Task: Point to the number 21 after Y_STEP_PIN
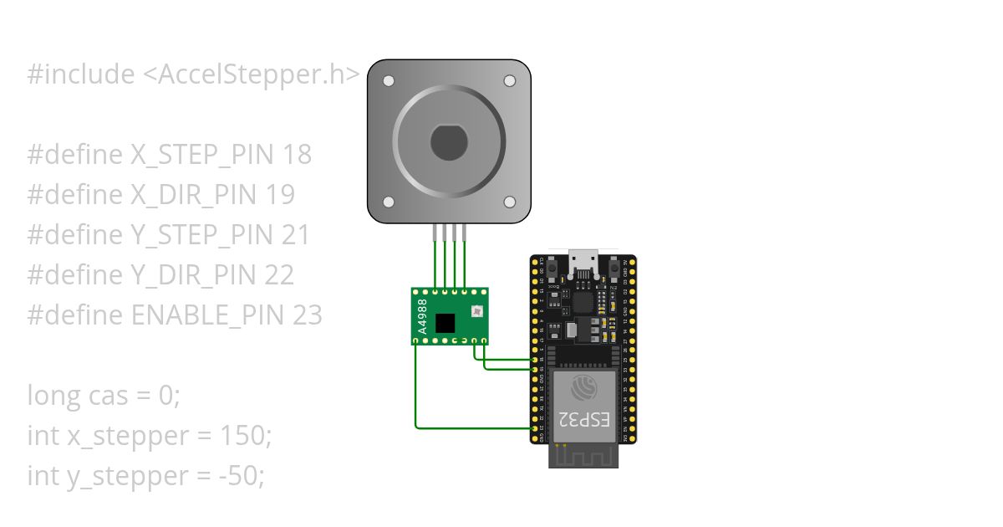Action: (296, 235)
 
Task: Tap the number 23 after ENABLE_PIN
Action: (308, 315)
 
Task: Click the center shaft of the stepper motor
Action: (449, 141)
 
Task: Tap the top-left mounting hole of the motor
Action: (388, 81)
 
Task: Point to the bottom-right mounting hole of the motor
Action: (509, 202)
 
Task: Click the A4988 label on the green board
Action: (422, 317)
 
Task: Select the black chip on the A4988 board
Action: (449, 321)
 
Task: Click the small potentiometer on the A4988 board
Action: (476, 312)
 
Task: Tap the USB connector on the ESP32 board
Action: (583, 263)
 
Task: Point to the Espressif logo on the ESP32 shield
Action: (583, 387)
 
